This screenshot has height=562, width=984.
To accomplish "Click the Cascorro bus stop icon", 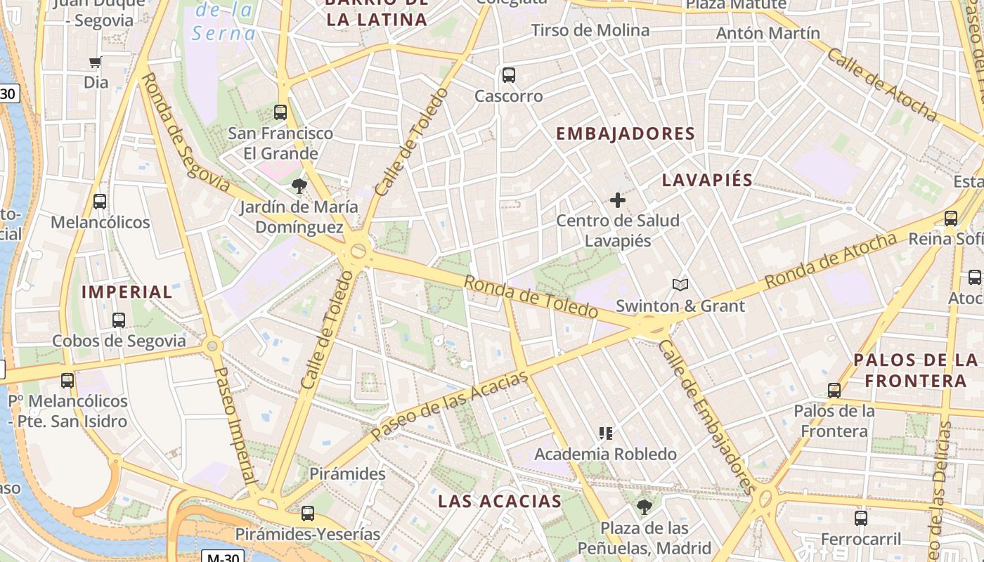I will (509, 74).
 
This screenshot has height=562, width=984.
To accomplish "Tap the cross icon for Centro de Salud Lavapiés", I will (618, 200).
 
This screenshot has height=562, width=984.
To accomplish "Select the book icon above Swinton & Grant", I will (680, 285).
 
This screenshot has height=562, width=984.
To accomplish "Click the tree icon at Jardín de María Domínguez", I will (299, 186).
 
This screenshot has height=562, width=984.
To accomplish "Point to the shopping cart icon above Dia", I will (96, 62).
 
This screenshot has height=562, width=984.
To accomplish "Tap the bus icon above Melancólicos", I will (100, 202).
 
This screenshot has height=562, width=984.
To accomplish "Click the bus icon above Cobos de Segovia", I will (119, 320).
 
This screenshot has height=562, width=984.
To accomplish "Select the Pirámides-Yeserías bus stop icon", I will (307, 514).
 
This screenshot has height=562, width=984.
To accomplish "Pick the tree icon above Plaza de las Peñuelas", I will (644, 507).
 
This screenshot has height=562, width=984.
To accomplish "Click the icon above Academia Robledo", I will (605, 433).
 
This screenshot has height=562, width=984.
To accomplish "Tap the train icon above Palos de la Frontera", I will (834, 390).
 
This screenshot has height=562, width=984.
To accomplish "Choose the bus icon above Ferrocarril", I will (861, 518).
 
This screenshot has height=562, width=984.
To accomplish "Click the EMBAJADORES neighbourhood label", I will (626, 133).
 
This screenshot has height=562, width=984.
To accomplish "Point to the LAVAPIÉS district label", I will (708, 180).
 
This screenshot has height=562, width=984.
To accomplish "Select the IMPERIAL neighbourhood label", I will (127, 292).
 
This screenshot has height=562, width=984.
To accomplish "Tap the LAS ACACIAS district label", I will (500, 501).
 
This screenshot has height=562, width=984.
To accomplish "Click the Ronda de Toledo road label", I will (531, 296).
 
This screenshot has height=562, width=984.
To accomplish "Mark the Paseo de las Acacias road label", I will (450, 406).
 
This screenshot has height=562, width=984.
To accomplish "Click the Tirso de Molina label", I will (590, 30).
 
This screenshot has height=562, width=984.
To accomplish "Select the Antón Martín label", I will (768, 33).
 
